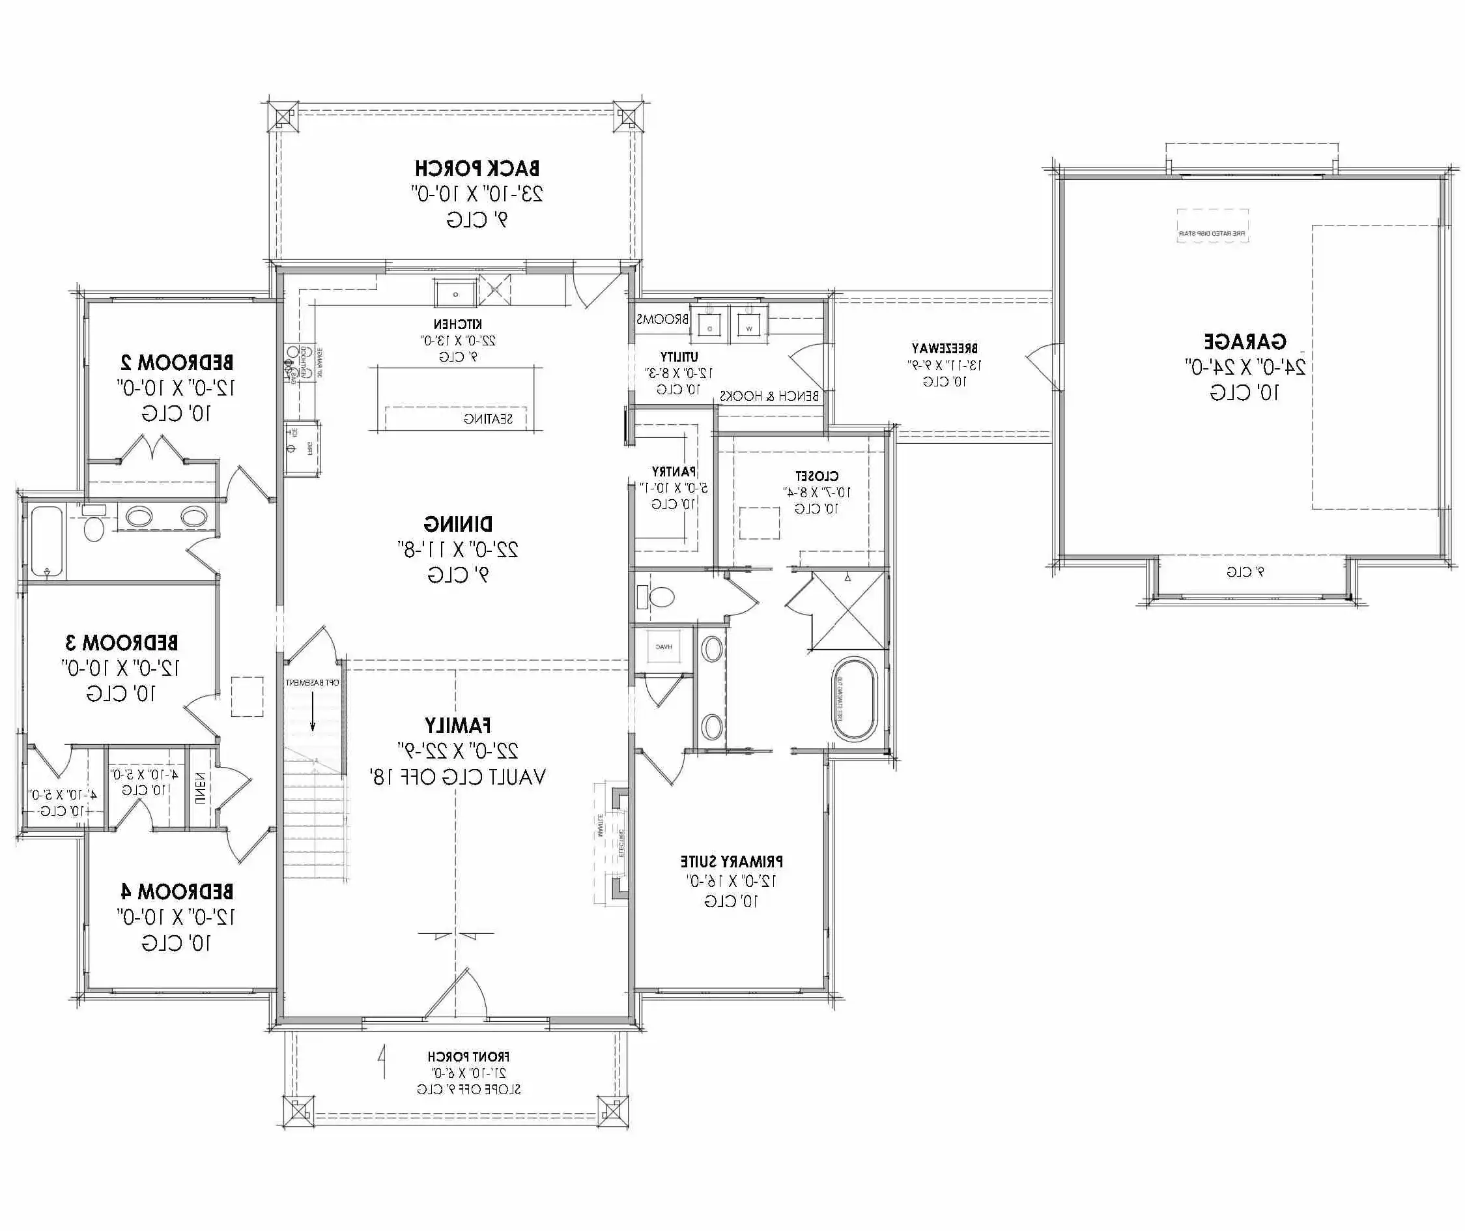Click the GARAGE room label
1245,342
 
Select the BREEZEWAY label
945,348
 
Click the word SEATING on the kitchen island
489,419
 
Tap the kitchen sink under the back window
455,293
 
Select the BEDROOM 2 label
177,363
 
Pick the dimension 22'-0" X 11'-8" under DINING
458,550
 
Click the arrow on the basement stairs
313,716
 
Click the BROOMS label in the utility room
662,319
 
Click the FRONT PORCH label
468,1056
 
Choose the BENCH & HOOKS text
769,396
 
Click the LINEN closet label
200,789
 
